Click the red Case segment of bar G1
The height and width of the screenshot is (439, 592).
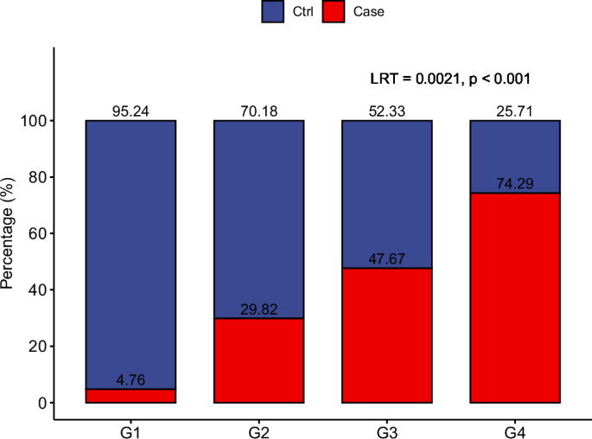coord(130,396)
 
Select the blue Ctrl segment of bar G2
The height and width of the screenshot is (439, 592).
coord(258,219)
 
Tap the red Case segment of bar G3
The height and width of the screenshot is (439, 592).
coord(386,335)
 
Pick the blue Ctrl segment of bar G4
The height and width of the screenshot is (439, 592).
coord(514,156)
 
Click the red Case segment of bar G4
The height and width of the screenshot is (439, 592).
coord(514,298)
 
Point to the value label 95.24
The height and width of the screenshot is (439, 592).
coord(130,111)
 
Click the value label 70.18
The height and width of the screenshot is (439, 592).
coord(258,111)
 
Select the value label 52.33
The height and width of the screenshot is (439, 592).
coord(386,111)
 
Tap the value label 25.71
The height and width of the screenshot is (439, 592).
coord(514,111)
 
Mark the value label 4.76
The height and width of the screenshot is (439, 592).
coord(130,380)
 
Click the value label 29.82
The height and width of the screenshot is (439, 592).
coord(258,309)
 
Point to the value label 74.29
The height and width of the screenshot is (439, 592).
coord(514,184)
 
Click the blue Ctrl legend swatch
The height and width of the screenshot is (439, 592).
coord(273,12)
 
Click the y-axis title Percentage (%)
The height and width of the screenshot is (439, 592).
coord(10,239)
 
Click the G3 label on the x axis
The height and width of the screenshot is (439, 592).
coord(386,429)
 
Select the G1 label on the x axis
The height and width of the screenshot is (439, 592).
coord(130,429)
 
